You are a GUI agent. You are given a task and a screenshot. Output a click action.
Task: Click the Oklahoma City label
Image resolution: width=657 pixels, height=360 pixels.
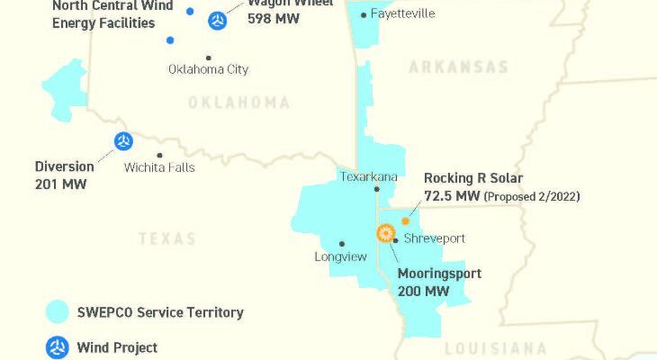coord(208,69)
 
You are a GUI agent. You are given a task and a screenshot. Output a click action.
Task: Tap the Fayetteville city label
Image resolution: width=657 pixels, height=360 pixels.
coord(402,13)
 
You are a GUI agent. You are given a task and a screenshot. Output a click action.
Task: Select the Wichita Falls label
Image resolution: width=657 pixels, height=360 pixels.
coord(159,167)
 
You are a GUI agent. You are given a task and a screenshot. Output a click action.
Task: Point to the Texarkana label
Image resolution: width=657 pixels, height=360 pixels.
coord(368,176)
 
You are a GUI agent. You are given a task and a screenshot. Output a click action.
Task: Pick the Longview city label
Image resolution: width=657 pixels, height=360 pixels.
coord(341,256)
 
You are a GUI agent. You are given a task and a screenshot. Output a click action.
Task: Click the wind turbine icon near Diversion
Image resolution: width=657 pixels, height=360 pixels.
coord(123,140)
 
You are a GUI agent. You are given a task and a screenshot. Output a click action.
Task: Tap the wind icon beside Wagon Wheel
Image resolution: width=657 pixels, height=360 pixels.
coord(217,20)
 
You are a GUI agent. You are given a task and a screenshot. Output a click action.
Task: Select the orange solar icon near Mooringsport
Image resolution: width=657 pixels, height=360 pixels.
coord(386,233)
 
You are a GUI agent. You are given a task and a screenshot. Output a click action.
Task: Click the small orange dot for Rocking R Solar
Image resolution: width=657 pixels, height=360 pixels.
coord(405,220)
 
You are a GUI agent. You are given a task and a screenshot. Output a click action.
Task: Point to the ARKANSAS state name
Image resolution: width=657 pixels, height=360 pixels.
coord(458,67)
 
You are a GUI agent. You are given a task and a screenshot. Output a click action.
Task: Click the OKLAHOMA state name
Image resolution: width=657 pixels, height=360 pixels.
coord(238,103)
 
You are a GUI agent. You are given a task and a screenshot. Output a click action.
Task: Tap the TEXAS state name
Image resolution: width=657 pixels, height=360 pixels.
coord(167,238)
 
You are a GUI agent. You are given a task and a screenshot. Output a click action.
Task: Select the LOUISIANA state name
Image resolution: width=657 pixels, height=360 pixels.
coord(495,348)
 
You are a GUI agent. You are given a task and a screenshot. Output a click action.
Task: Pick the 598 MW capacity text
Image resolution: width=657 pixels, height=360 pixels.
coord(274,17)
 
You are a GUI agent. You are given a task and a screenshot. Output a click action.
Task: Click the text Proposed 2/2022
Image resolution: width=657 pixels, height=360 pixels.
coord(532,196)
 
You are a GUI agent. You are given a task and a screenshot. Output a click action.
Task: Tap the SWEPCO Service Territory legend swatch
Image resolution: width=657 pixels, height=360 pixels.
coord(58,312)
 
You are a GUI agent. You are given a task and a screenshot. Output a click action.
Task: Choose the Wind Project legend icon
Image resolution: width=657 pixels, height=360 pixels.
coord(58,347)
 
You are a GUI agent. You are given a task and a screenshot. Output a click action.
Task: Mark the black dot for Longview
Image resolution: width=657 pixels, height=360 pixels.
coord(341,243)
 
